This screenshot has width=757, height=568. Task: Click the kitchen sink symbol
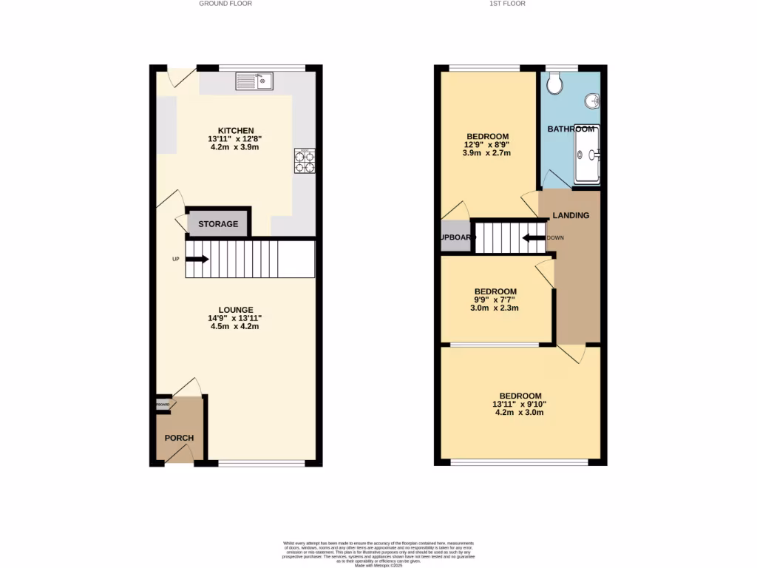(x=255, y=81)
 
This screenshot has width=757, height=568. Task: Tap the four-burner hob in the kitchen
(x=305, y=161)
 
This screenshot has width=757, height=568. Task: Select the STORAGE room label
(x=218, y=223)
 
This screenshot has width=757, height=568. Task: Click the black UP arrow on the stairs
(x=197, y=259)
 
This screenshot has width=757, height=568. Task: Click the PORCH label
(x=179, y=438)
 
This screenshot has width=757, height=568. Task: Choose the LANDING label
(x=571, y=216)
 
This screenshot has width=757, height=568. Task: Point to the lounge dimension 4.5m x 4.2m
(x=235, y=326)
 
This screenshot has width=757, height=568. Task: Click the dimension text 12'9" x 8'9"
(x=486, y=145)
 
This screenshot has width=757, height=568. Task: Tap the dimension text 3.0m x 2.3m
(x=495, y=308)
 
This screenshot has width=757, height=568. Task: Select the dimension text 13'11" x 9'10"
(x=520, y=405)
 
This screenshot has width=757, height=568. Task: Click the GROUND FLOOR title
(x=225, y=4)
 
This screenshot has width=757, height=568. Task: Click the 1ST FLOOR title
(x=507, y=4)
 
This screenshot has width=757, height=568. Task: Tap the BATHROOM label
(x=570, y=129)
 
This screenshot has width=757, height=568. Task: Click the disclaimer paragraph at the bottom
(x=378, y=554)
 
